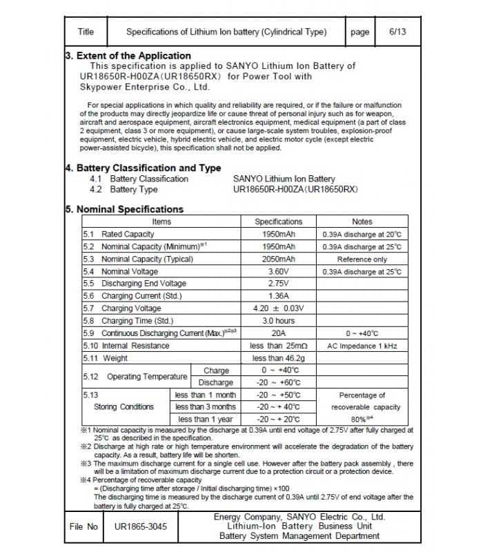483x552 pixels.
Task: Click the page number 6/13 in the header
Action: [x=398, y=32]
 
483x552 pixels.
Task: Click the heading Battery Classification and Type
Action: [x=147, y=168]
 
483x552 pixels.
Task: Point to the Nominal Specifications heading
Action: [x=128, y=209]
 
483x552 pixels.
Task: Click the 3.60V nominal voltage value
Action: [x=278, y=272]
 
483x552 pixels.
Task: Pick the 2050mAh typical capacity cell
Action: [x=278, y=259]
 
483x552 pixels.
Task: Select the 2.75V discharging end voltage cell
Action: [x=278, y=284]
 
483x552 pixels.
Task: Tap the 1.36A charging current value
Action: [x=278, y=296]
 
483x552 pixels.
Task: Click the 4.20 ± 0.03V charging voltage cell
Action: [x=278, y=308]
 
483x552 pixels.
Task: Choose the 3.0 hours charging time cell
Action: [x=278, y=321]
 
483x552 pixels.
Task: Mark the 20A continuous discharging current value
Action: [x=278, y=333]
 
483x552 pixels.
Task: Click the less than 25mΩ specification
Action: [x=278, y=346]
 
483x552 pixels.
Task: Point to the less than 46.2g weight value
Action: [x=278, y=358]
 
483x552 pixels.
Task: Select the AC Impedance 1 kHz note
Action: [x=362, y=346]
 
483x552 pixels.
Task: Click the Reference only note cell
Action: [x=362, y=259]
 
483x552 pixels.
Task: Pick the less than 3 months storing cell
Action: [x=205, y=407]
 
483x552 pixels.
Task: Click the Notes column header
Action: [x=362, y=221]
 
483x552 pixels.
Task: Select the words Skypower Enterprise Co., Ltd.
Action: [x=144, y=88]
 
